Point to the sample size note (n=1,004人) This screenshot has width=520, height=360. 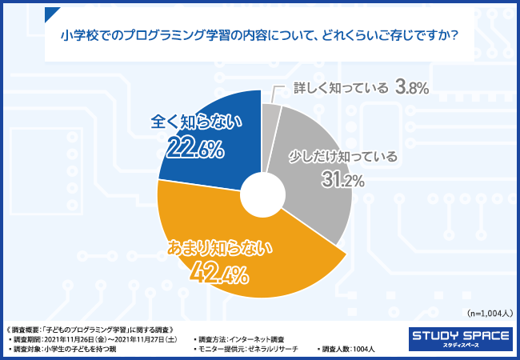pyautogui.click(x=489, y=313)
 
